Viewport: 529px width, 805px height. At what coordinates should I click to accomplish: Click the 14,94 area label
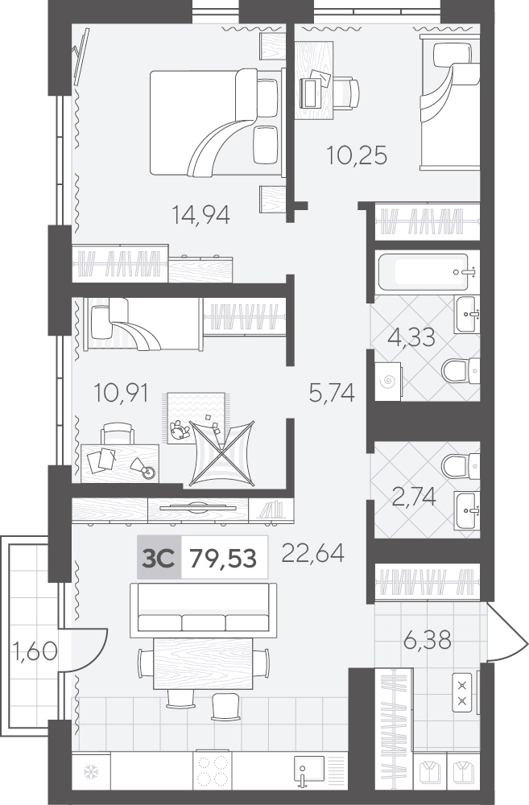pos(200,215)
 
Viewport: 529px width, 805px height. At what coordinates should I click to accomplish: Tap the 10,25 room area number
pos(357,155)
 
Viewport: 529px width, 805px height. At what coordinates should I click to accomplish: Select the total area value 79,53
pos(223,558)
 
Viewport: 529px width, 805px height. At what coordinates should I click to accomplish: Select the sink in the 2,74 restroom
pos(467,510)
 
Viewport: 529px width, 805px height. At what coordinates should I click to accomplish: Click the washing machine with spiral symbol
pos(388,381)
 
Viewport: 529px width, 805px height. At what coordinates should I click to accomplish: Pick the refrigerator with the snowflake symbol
pos(91,771)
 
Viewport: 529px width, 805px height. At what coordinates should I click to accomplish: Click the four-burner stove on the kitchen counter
pos(213,771)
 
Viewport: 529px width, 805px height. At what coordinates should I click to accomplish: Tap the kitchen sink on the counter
pos(308,771)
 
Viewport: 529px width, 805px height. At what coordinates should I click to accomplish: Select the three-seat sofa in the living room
pos(204,608)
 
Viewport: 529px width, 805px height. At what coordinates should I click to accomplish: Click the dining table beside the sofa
pos(203,663)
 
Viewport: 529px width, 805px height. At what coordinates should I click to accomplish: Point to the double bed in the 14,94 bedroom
pos(217,122)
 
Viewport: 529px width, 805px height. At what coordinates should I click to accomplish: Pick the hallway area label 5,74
pos(332,394)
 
